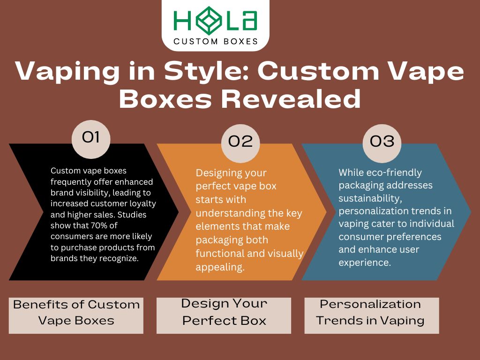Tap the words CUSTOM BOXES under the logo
point(216,41)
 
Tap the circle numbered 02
point(240,141)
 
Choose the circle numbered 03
point(382,141)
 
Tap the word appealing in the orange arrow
point(219,267)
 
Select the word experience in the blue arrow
point(364,262)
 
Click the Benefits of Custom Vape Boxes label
point(76,313)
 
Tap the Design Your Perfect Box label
point(224,312)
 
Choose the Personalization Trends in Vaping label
point(370,312)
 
